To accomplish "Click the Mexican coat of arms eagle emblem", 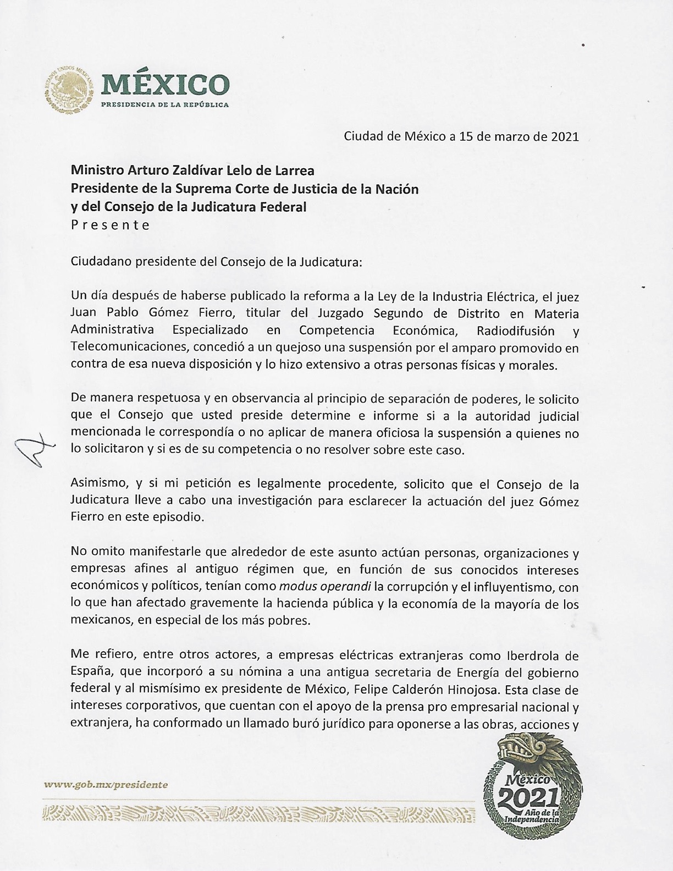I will point(68,87).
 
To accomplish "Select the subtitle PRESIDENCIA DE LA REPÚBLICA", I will point(164,104).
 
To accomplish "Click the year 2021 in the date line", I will point(564,136).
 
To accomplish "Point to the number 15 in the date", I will point(466,136).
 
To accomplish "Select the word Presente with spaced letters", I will point(111,225).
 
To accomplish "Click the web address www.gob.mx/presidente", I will point(106,785).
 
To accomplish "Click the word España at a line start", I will point(89,672).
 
